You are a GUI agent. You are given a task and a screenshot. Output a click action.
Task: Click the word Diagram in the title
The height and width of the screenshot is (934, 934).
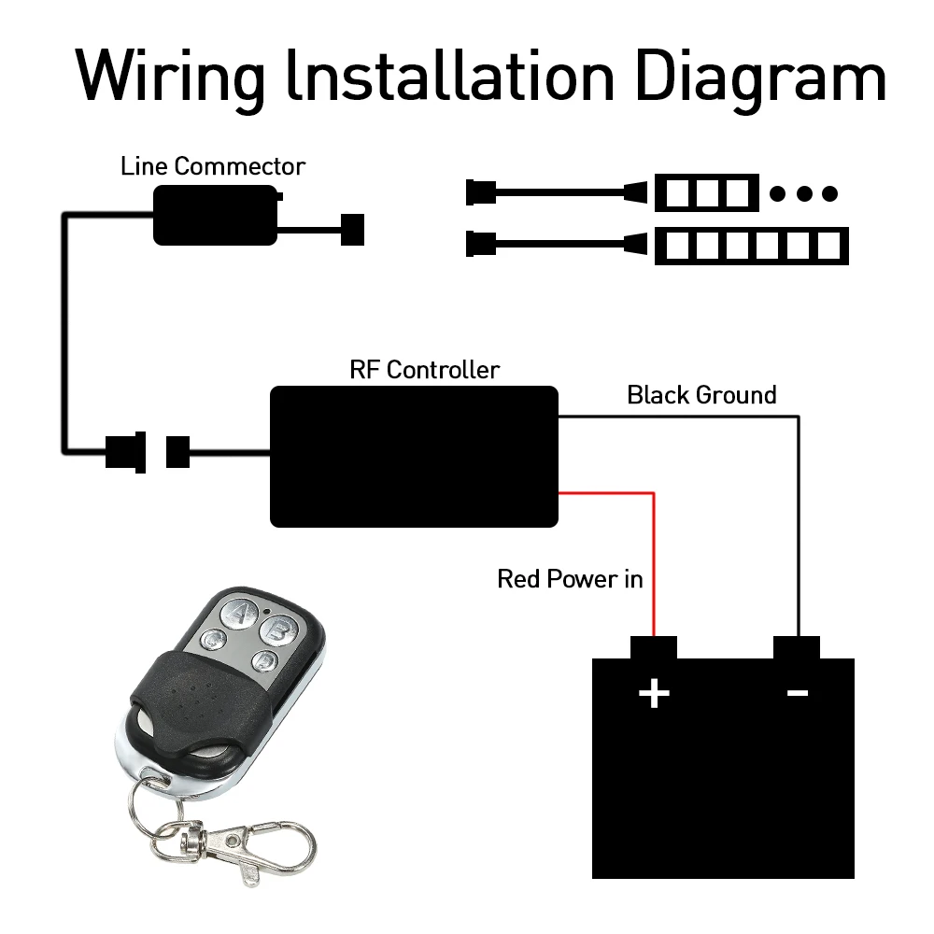[760, 78]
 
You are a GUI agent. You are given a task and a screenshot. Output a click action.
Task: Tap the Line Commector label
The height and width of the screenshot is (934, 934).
[213, 166]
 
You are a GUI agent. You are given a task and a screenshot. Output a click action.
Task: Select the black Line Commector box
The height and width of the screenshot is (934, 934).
[216, 215]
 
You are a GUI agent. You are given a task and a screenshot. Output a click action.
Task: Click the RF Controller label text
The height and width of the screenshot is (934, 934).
[424, 370]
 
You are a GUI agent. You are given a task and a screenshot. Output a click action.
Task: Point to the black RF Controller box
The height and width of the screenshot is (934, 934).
[414, 457]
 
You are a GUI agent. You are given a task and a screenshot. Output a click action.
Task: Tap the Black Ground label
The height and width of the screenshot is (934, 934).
[701, 395]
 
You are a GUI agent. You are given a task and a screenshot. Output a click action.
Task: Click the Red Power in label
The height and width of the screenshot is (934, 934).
[570, 579]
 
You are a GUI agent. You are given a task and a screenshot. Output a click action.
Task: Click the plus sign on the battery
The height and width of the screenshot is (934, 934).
[654, 693]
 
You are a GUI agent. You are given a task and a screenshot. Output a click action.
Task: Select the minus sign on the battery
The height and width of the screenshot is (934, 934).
[798, 692]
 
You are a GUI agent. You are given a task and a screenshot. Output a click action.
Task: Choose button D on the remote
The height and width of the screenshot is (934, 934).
[264, 661]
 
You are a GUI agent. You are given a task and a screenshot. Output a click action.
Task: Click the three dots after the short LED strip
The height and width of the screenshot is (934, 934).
[803, 193]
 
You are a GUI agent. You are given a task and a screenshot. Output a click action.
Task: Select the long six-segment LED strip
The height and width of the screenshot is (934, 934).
[752, 246]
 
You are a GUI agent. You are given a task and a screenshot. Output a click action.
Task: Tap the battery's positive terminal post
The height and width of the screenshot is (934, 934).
[654, 647]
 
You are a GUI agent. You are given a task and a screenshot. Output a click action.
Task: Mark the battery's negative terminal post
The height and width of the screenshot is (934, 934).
[797, 647]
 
